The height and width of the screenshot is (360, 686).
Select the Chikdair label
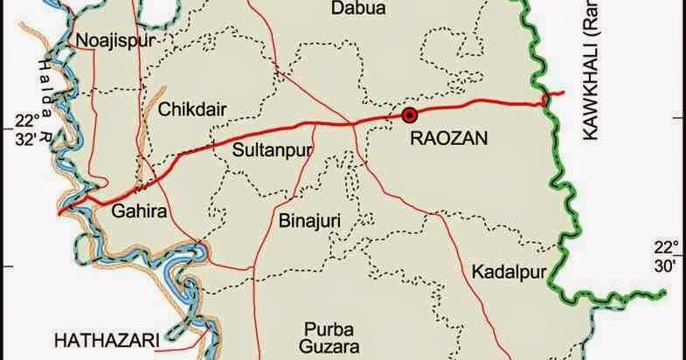coord(192,109)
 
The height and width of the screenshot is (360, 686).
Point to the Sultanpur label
coord(273,149)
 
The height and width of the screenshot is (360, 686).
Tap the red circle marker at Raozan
coord(409,114)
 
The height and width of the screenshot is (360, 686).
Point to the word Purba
coord(328,329)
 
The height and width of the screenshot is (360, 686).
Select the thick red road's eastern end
coord(565,93)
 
